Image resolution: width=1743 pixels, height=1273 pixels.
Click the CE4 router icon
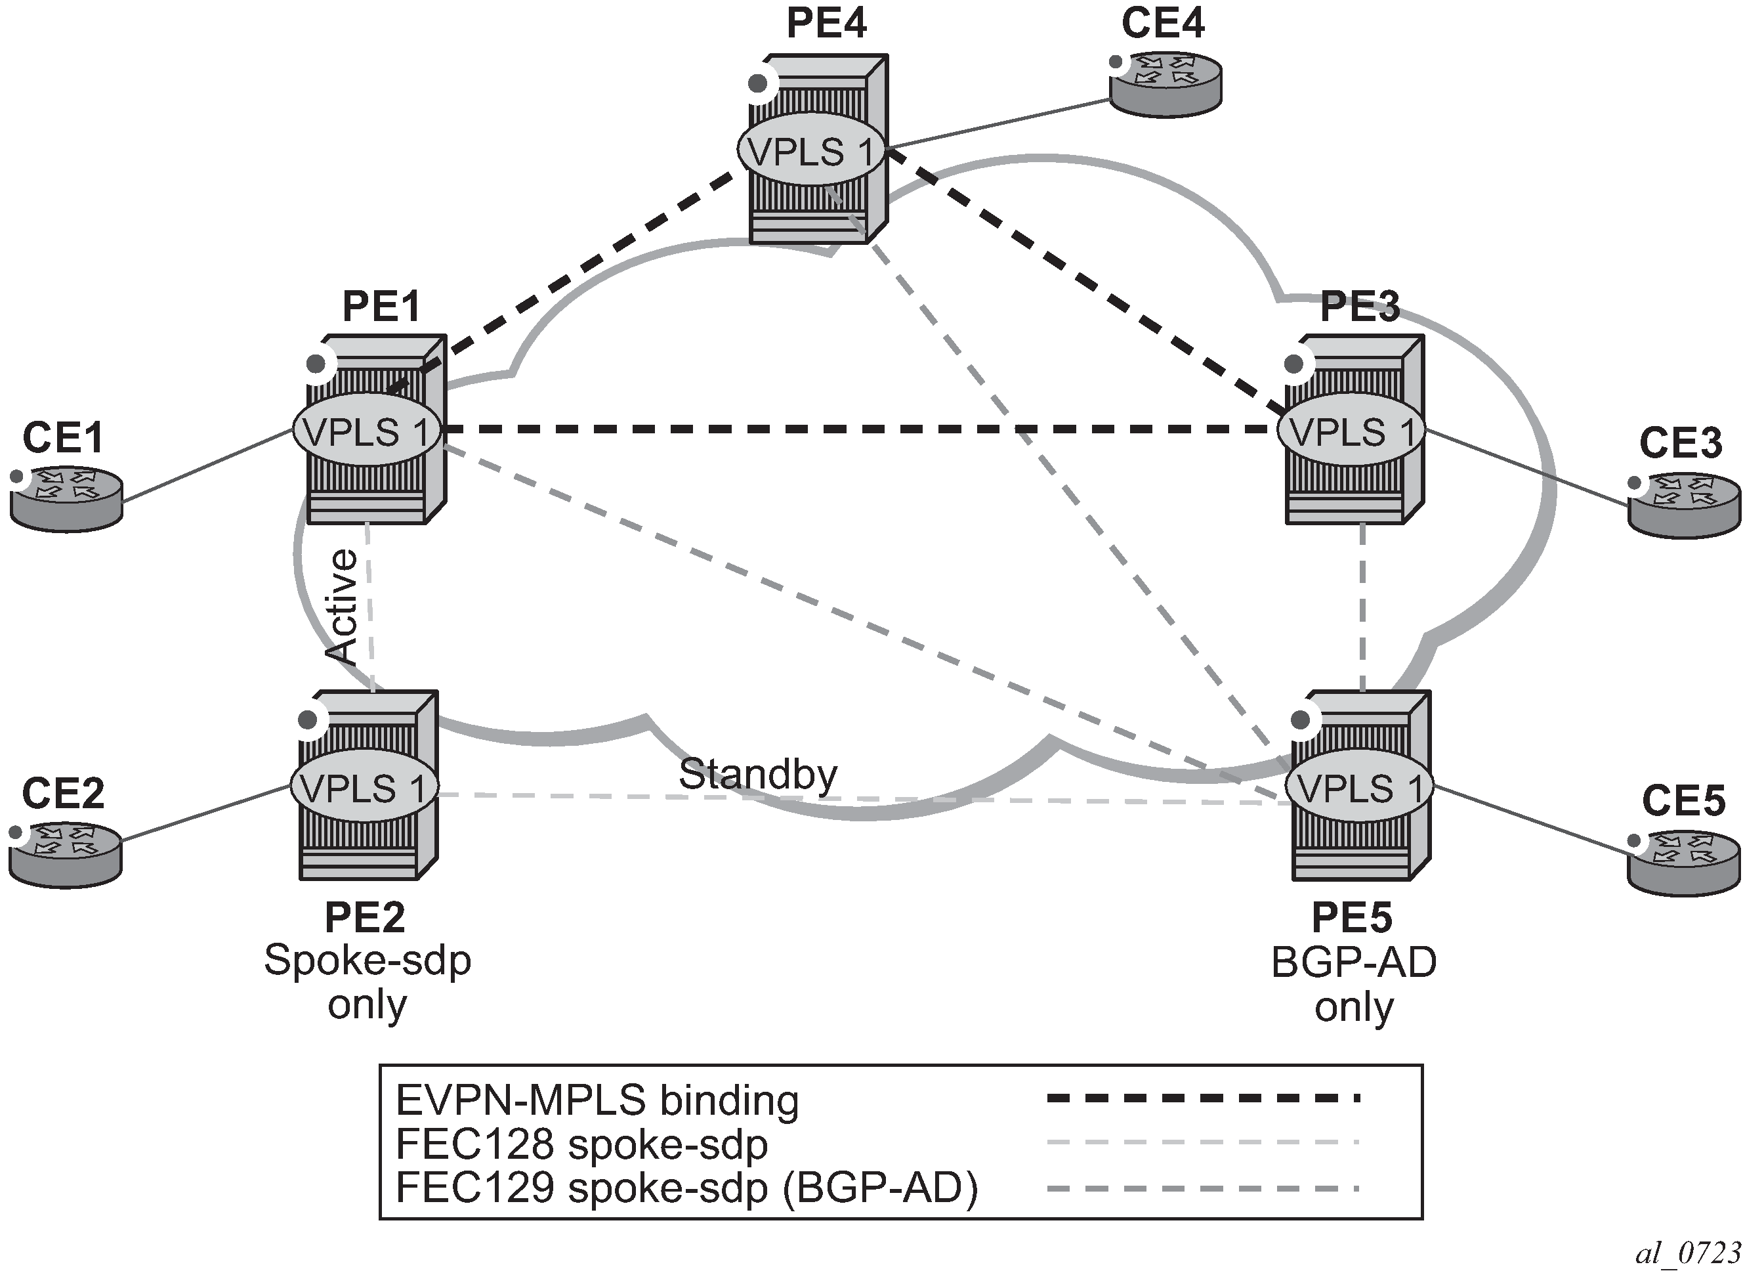pos(1165,85)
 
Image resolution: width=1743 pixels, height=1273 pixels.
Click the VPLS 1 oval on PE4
pos(811,151)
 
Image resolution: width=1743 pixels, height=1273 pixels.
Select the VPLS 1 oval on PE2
pos(364,787)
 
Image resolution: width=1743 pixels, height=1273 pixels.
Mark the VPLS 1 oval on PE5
pos(1358,787)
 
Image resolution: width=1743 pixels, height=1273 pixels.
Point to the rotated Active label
pos(341,607)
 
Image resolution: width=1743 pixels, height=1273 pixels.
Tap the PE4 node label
pos(826,23)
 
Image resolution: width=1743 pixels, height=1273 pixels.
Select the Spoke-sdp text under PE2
pos(367,960)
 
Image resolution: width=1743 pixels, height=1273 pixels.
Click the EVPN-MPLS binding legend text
pos(597,1100)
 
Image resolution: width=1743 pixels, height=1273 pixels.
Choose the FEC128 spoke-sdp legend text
pos(581,1144)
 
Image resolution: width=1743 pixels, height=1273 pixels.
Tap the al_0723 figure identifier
pos(1686,1254)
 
